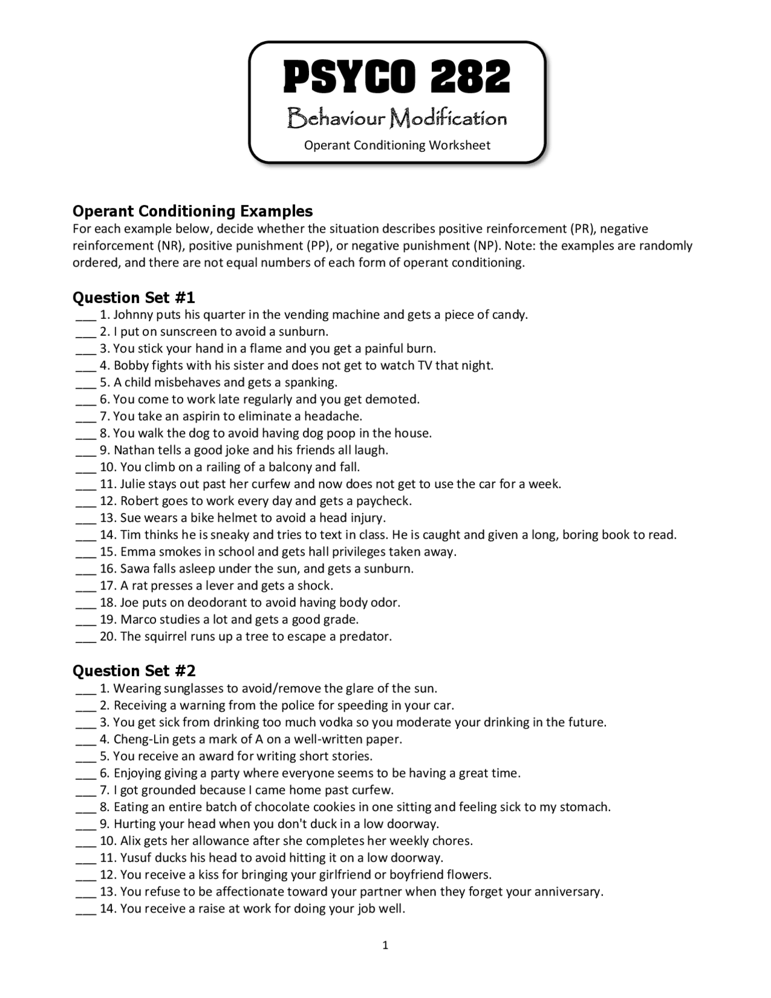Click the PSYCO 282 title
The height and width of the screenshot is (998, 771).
pos(397,77)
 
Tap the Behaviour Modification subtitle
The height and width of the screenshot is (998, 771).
pos(397,118)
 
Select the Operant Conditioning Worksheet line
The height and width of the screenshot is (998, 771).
pos(397,145)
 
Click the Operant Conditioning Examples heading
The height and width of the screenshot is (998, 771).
pos(193,211)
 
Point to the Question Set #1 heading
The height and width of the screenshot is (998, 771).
pos(134,298)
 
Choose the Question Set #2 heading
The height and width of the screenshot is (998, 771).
pos(134,671)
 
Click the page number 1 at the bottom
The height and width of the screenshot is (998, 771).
pos(385,945)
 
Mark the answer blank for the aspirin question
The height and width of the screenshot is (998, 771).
pos(86,417)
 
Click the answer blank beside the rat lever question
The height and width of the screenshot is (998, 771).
pos(86,586)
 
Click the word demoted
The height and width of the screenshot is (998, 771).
pos(395,399)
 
